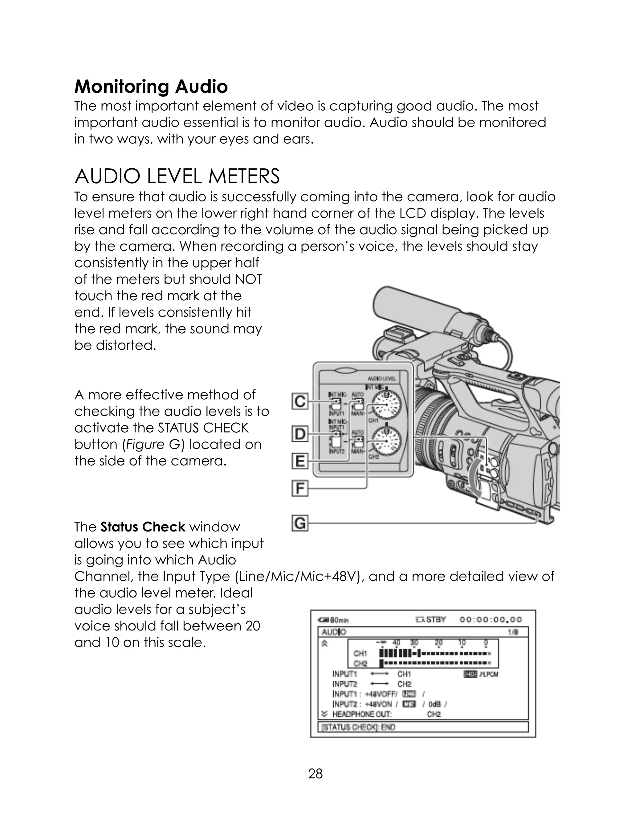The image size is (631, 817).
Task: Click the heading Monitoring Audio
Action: (x=151, y=87)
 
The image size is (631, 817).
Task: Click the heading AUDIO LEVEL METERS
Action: (x=177, y=177)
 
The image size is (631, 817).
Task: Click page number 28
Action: (x=315, y=774)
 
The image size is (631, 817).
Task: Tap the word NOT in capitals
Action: (x=249, y=279)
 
